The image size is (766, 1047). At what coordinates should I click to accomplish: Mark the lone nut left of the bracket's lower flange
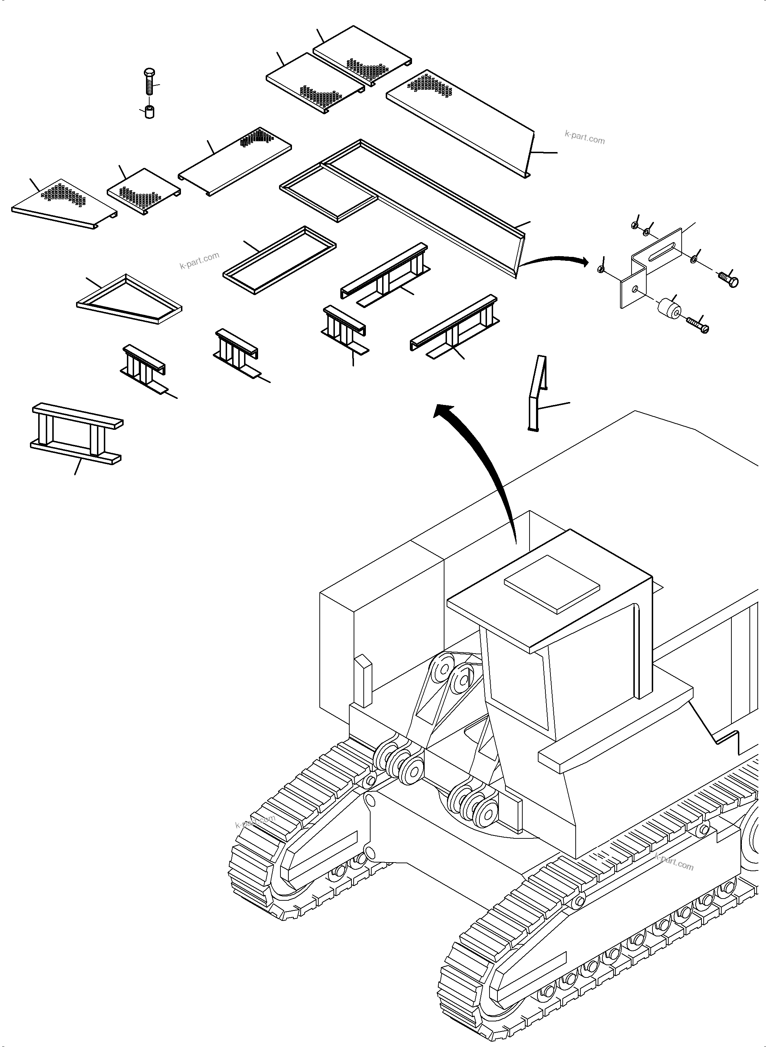(x=601, y=269)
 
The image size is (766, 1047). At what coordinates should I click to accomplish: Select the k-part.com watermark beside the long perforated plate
(x=584, y=138)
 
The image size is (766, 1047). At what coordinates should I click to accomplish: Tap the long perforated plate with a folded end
(x=459, y=123)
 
